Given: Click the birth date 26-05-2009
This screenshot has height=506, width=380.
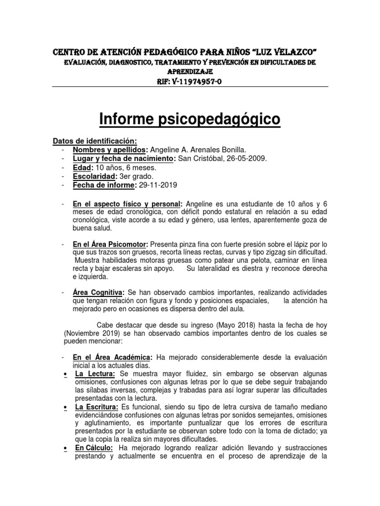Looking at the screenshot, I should tap(245, 158).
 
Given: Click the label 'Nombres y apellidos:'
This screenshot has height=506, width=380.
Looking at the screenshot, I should tap(110, 150).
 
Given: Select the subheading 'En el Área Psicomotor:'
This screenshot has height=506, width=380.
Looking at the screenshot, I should tap(110, 244).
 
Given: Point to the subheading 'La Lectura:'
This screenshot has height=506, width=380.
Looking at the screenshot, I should tap(95, 374).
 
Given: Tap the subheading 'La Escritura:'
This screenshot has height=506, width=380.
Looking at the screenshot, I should tap(96, 406).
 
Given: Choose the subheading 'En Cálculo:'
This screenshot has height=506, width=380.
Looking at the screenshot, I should tap(95, 448).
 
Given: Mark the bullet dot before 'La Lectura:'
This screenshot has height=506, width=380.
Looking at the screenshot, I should tap(65, 374).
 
